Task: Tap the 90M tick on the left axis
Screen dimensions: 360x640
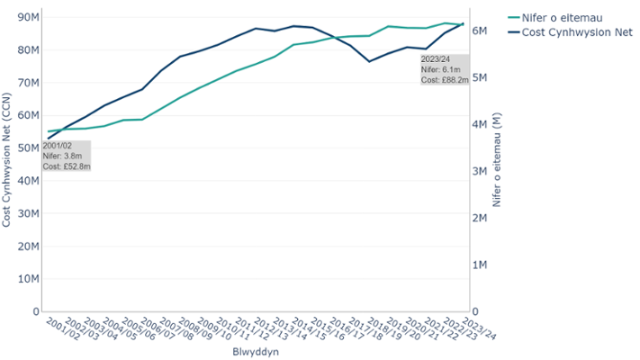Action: pyautogui.click(x=28, y=17)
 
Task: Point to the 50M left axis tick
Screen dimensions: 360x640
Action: pyautogui.click(x=28, y=148)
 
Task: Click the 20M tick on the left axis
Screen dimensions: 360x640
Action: pyautogui.click(x=28, y=246)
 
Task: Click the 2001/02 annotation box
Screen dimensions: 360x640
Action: pyautogui.click(x=67, y=156)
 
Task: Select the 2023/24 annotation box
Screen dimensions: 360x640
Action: pyautogui.click(x=444, y=69)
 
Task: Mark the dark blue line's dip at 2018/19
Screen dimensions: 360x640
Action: pyautogui.click(x=369, y=61)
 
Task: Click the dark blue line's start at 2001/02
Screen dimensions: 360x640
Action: pyautogui.click(x=49, y=139)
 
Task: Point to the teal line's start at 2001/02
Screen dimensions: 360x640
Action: pyautogui.click(x=49, y=131)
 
